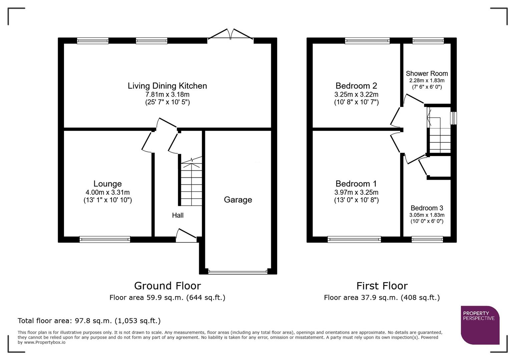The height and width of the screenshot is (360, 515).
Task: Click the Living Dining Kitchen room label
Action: pyautogui.click(x=167, y=86)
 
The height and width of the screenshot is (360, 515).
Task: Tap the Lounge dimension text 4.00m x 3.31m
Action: pyautogui.click(x=107, y=192)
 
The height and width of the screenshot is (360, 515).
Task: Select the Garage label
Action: pyautogui.click(x=238, y=200)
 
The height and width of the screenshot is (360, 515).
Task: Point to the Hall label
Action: pyautogui.click(x=178, y=215)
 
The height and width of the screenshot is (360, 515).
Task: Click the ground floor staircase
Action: pyautogui.click(x=191, y=183)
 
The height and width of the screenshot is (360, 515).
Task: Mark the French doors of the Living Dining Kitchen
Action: pyautogui.click(x=230, y=35)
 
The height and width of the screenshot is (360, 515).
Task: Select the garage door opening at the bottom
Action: pyautogui.click(x=238, y=272)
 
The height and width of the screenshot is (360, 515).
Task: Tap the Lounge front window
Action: pyautogui.click(x=105, y=239)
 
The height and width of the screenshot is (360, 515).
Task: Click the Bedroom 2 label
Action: pyautogui.click(x=356, y=86)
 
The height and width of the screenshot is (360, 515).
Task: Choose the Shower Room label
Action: pyautogui.click(x=427, y=74)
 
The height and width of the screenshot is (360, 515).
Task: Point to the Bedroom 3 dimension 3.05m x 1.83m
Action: pyautogui.click(x=427, y=215)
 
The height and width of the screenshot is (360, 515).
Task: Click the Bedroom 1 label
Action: pyautogui.click(x=356, y=184)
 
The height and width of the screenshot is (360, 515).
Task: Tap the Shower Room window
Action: pyautogui.click(x=428, y=41)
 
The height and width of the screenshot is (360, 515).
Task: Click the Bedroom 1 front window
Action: pyautogui.click(x=354, y=239)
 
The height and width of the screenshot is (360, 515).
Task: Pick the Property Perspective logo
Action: pyautogui.click(x=480, y=325)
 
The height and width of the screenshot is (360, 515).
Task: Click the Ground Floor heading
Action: pyautogui.click(x=167, y=286)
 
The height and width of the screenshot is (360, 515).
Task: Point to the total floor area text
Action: pyautogui.click(x=89, y=321)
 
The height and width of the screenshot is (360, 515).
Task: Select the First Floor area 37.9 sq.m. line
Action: pyautogui.click(x=382, y=298)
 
